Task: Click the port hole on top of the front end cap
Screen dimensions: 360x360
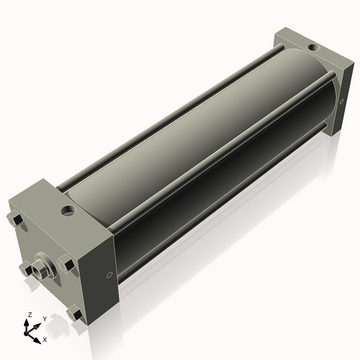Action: tap(68, 212)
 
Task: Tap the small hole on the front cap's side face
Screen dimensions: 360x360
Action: tap(109, 274)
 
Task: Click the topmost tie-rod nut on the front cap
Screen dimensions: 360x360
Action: tap(15, 220)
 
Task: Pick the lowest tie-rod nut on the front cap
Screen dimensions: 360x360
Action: tap(73, 314)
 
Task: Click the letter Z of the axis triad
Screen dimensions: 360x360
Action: tap(29, 315)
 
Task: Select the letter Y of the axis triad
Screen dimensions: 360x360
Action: tap(44, 318)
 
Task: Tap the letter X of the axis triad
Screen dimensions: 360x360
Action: tap(45, 338)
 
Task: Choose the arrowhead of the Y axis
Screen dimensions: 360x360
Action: tap(37, 324)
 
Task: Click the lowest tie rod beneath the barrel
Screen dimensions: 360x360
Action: tap(216, 209)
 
